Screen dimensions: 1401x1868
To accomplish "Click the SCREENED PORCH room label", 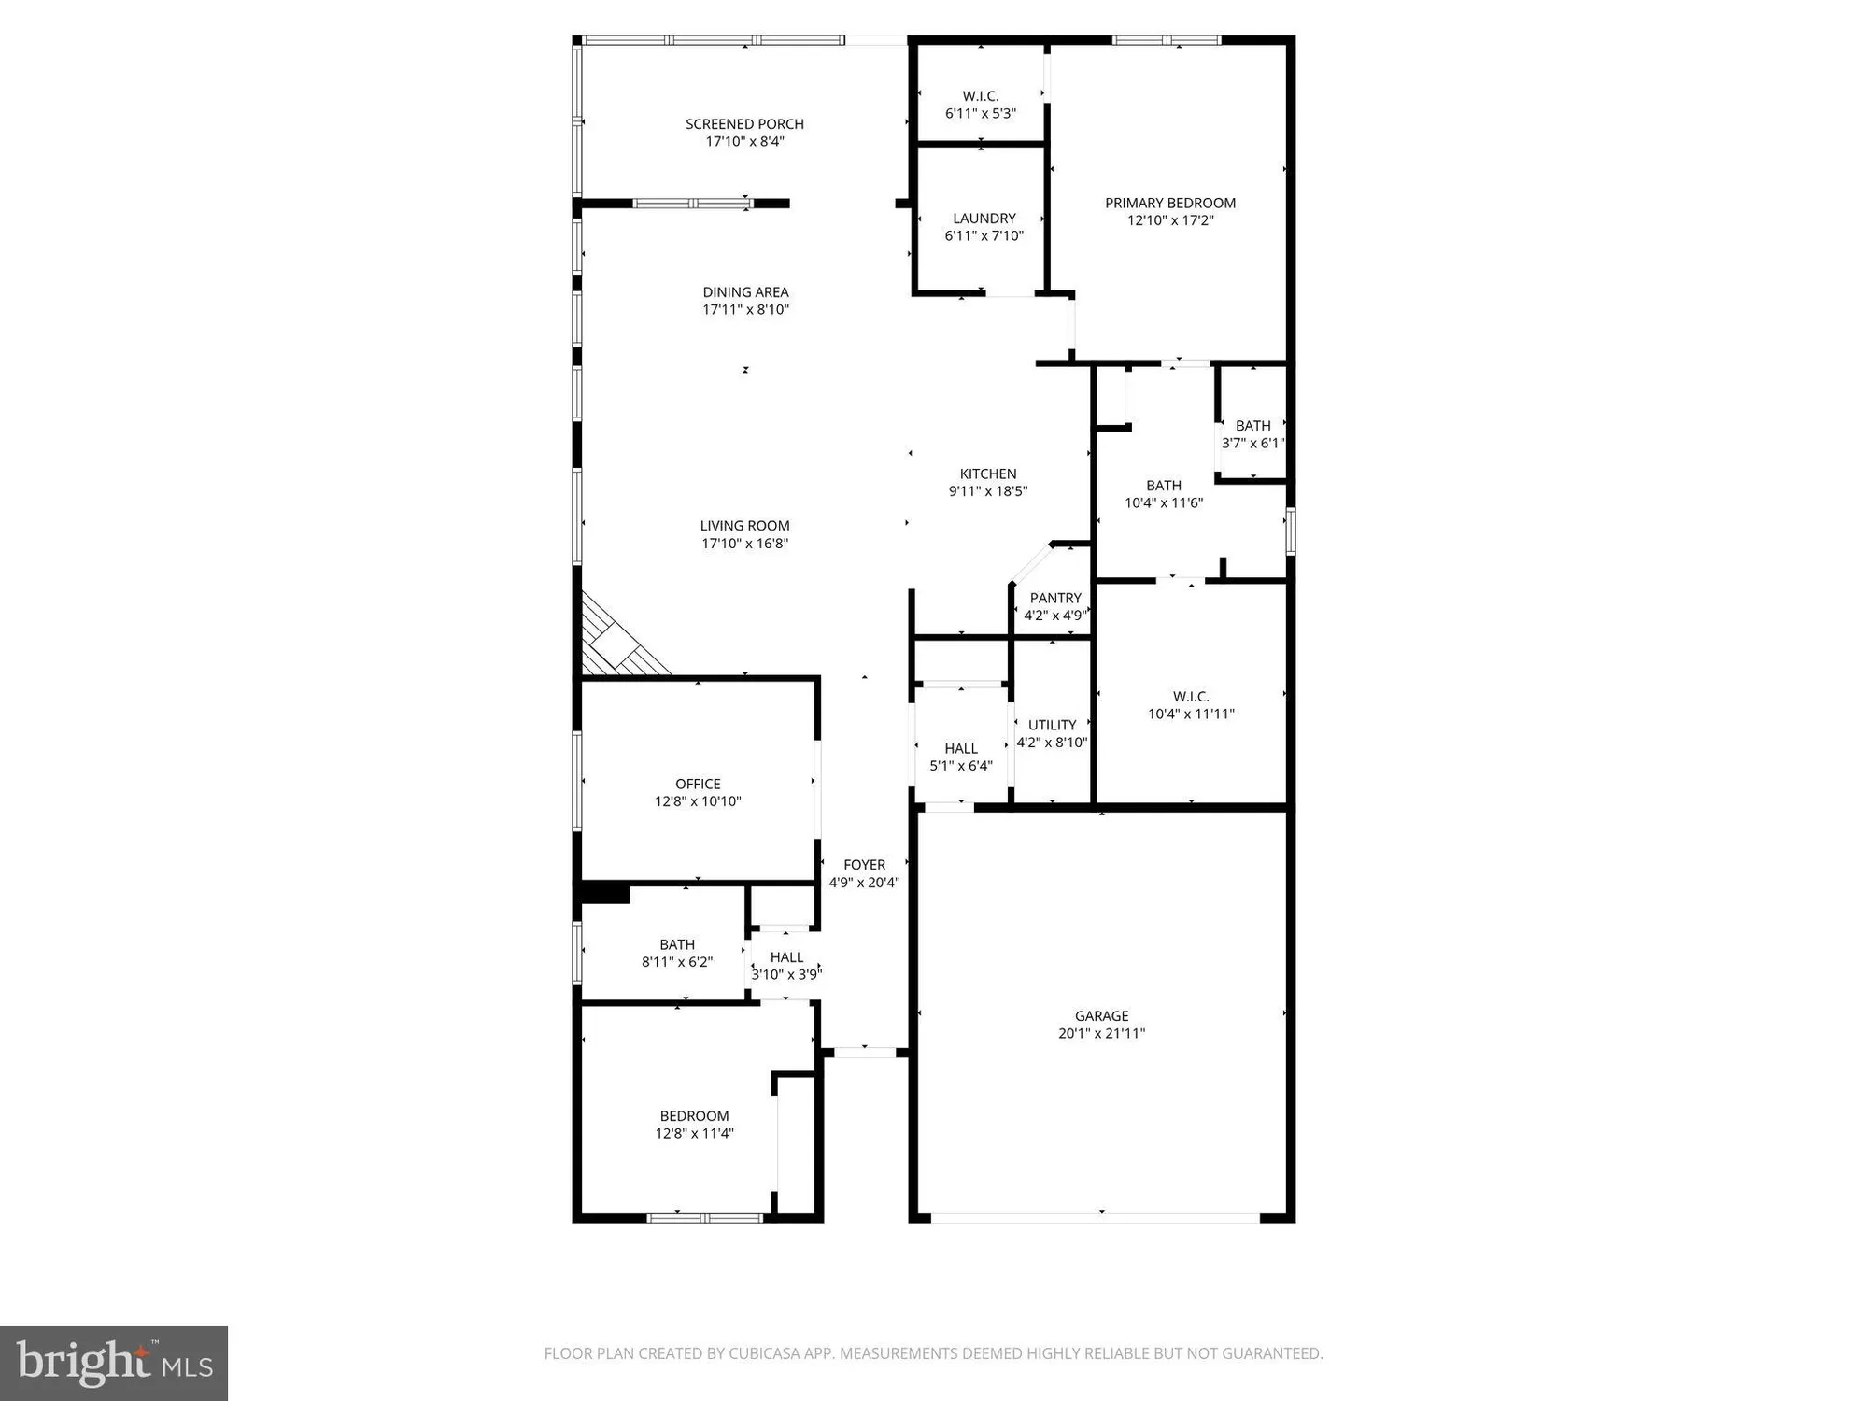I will click(744, 124).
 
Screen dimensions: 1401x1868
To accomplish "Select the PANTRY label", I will click(1055, 598).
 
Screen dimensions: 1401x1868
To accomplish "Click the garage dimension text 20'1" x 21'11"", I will click(1101, 1033).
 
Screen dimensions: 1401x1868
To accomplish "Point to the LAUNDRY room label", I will click(984, 219).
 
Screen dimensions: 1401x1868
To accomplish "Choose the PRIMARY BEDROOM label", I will click(1169, 203).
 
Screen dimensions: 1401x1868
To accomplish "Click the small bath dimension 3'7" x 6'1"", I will click(1252, 444).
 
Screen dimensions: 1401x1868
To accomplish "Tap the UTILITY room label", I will click(1052, 725).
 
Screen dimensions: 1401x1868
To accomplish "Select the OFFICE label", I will click(698, 784).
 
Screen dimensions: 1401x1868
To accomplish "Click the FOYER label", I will click(864, 865).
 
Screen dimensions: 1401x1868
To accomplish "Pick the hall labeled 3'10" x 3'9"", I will click(786, 966).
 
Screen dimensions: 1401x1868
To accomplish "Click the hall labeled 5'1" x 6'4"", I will click(960, 757).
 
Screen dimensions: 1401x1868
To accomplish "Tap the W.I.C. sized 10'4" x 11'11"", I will click(1191, 705).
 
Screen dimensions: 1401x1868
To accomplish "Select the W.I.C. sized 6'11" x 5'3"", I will click(980, 105).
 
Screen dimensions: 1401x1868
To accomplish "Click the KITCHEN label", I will click(987, 474).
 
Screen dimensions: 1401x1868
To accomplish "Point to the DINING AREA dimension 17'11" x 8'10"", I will click(745, 309).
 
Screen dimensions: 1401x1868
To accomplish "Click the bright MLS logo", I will click(114, 1364).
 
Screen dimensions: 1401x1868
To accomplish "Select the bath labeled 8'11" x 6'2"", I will click(676, 953).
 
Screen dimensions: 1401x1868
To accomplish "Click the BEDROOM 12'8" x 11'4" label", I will click(694, 1125).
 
